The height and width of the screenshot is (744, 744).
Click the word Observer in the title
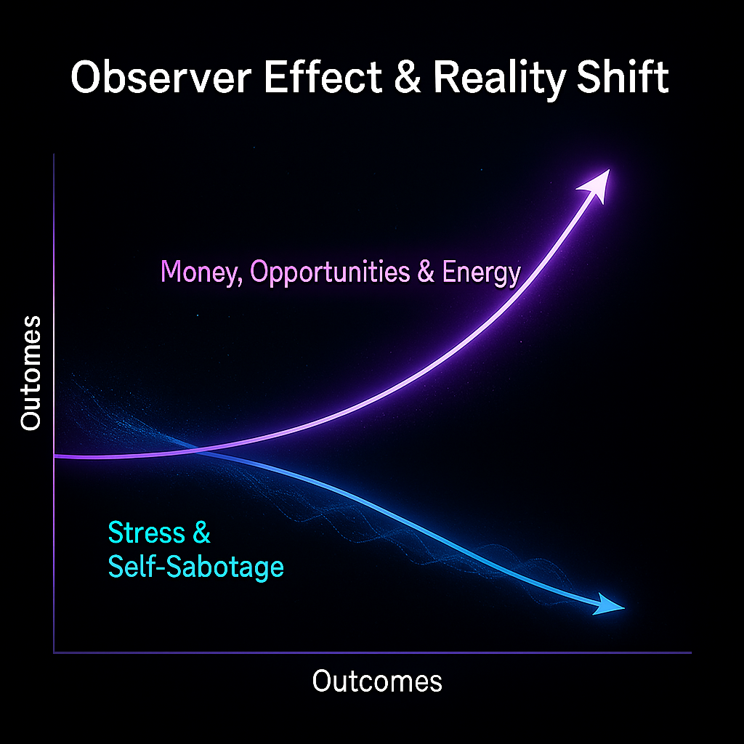point(157,78)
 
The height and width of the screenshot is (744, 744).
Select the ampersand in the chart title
point(409,78)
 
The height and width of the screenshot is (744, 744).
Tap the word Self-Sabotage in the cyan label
point(195,567)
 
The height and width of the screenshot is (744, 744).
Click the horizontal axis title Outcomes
point(377,682)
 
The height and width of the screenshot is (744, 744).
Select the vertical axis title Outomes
point(31,373)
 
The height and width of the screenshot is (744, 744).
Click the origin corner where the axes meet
point(54,652)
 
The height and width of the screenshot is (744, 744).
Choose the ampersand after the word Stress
point(201,533)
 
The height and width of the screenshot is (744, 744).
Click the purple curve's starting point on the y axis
point(55,456)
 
